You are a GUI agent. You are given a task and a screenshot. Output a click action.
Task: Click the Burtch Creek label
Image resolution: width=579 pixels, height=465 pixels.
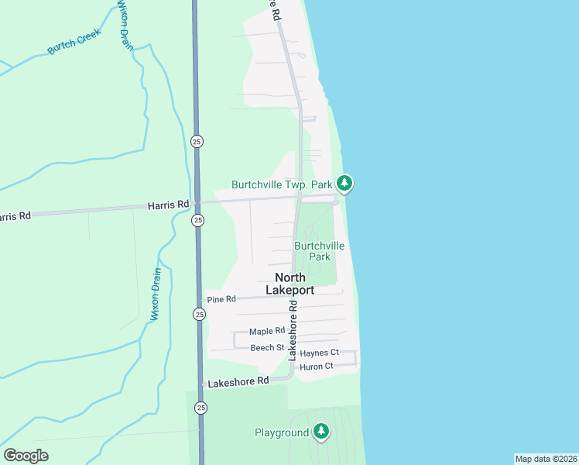point(75,41)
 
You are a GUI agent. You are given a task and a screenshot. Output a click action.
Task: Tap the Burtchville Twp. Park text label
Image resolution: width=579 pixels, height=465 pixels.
point(281,184)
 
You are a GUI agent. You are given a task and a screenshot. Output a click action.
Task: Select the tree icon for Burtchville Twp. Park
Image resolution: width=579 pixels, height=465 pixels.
point(344,184)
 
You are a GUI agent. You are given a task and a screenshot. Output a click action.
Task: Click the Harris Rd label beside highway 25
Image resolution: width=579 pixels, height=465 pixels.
point(169,205)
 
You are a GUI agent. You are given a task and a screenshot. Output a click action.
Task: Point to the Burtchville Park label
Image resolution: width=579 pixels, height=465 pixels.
point(319,251)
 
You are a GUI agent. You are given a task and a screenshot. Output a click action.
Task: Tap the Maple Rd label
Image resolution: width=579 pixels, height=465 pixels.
point(267,331)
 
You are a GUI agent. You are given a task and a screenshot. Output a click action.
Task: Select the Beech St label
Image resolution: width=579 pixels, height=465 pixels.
point(267,348)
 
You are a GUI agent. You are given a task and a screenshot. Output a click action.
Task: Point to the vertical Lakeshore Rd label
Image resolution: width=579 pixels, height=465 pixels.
point(293,331)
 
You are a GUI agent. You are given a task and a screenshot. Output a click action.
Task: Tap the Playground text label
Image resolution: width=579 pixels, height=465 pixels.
point(282,432)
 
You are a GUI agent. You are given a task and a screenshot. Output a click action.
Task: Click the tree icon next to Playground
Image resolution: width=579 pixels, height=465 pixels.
point(321,432)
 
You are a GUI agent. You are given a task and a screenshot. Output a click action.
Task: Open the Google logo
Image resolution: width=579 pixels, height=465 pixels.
point(26,455)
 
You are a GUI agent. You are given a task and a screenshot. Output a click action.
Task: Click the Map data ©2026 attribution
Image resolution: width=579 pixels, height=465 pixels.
point(546,458)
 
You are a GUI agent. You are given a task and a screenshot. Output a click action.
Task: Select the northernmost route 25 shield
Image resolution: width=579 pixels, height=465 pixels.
point(197,140)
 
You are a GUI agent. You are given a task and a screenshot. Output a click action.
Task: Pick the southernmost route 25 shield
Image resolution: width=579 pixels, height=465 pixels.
point(201,408)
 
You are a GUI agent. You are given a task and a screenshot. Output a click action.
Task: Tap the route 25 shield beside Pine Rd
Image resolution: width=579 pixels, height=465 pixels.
point(200,314)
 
